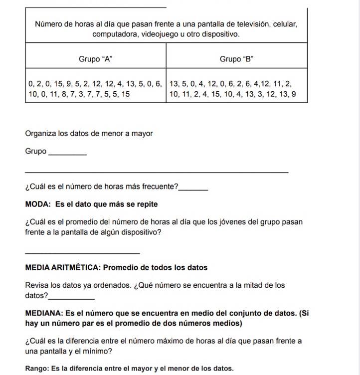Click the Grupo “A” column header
coord(95,59)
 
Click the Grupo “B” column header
coord(237,59)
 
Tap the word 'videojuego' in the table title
coord(154,34)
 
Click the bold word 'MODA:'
coord(38,204)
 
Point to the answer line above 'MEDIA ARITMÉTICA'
coord(82,253)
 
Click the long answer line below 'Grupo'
coord(157,172)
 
